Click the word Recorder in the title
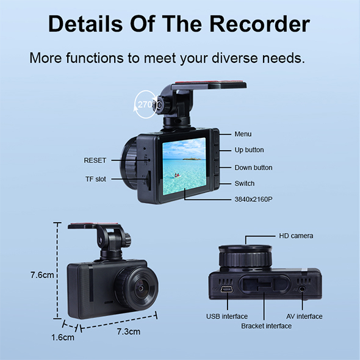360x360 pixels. (260, 24)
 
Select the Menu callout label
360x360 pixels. (243, 134)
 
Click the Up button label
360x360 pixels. (249, 150)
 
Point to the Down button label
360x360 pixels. (253, 168)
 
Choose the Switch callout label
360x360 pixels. (244, 184)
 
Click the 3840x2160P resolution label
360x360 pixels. (253, 200)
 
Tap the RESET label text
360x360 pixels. (95, 160)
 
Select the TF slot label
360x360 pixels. (96, 179)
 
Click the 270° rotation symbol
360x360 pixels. (145, 105)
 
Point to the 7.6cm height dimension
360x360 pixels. (42, 275)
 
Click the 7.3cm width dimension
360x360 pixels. (129, 331)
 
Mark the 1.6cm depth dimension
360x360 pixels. (63, 337)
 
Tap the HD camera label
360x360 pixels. (296, 236)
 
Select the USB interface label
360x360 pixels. (227, 317)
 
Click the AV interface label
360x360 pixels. (304, 317)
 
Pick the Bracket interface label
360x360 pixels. (266, 326)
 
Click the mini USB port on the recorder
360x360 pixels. (227, 289)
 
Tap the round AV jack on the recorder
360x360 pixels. (302, 289)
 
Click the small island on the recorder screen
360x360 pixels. (192, 158)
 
